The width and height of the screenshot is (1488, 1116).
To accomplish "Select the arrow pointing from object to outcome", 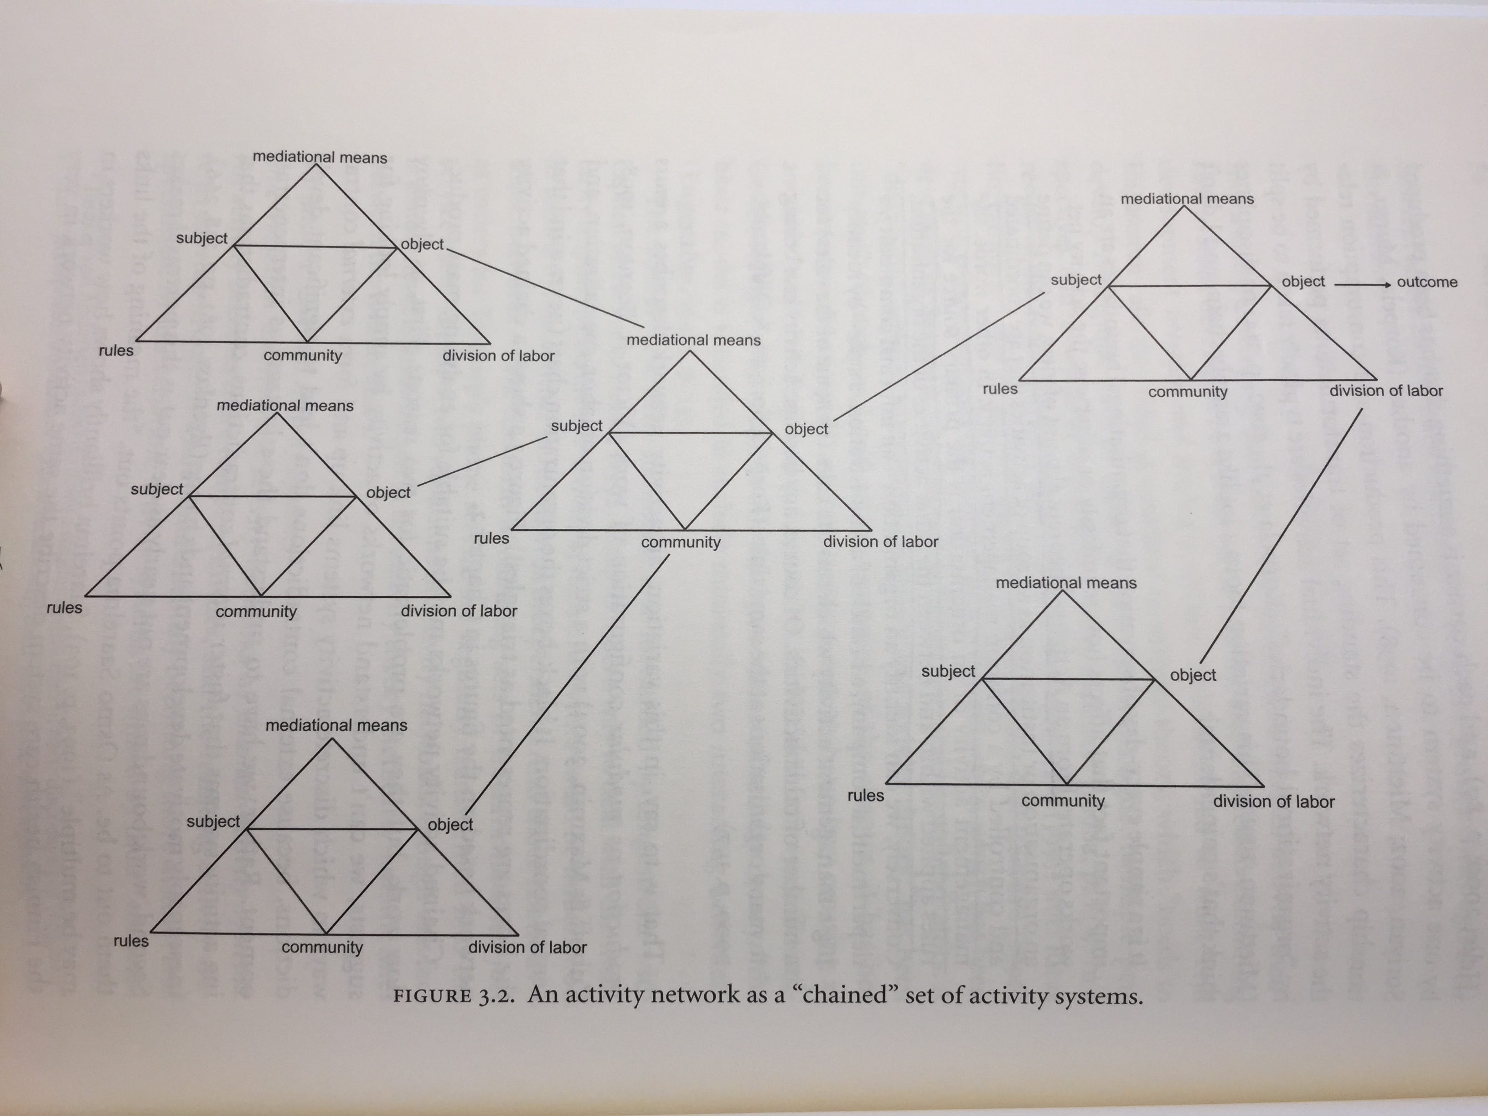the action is [x=1361, y=284].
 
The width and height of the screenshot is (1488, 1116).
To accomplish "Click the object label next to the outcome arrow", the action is [x=1303, y=282].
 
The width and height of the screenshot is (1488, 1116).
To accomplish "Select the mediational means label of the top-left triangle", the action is [x=320, y=157].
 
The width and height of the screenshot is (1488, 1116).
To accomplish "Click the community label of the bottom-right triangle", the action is [x=1063, y=801].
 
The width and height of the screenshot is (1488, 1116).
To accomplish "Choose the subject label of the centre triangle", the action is [x=577, y=426].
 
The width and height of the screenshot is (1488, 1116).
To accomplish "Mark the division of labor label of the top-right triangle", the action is [x=1386, y=391].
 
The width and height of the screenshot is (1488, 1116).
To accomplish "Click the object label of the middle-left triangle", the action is [x=388, y=492].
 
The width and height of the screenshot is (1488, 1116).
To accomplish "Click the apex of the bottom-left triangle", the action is [x=331, y=739].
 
